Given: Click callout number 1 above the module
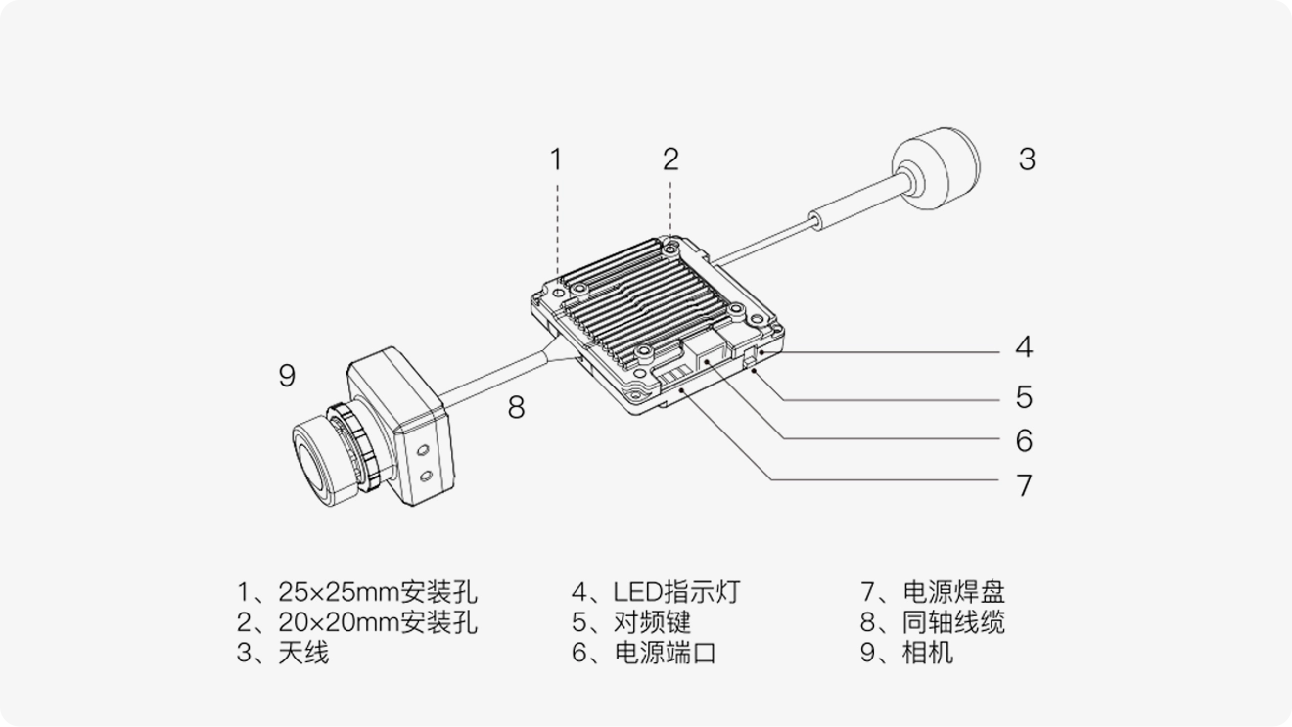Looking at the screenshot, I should pyautogui.click(x=556, y=159).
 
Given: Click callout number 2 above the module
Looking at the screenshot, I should pyautogui.click(x=670, y=159).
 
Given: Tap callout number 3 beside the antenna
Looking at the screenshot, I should pyautogui.click(x=1026, y=159).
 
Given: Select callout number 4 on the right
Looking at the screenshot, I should pyautogui.click(x=1024, y=346).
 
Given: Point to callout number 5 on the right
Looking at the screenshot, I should pyautogui.click(x=1024, y=397).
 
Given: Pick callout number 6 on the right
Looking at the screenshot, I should pyautogui.click(x=1024, y=441).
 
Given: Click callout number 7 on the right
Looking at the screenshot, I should pyautogui.click(x=1024, y=485).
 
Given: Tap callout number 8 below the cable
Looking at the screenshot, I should pyautogui.click(x=516, y=407).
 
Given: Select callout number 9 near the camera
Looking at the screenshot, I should pyautogui.click(x=286, y=375).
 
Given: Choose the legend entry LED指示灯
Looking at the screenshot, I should pyautogui.click(x=676, y=592).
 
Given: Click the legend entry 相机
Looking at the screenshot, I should pyautogui.click(x=927, y=653).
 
